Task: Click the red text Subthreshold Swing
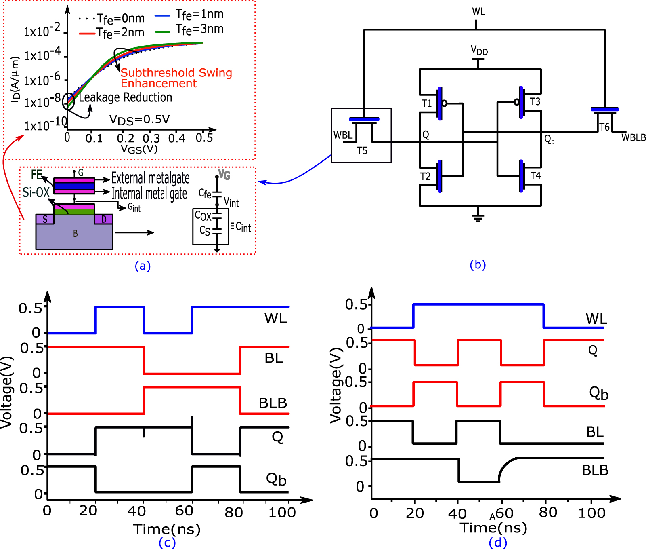pyautogui.click(x=176, y=73)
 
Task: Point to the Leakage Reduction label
pyautogui.click(x=125, y=97)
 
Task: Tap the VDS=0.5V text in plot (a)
pyautogui.click(x=139, y=120)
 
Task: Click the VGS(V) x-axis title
pyautogui.click(x=139, y=149)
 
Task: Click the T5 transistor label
pyautogui.click(x=362, y=151)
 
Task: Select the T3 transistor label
pyautogui.click(x=535, y=101)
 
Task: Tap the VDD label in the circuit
pyautogui.click(x=479, y=51)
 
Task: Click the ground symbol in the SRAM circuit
pyautogui.click(x=478, y=217)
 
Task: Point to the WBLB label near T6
pyautogui.click(x=633, y=138)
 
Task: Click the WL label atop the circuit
pyautogui.click(x=478, y=11)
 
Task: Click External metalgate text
pyautogui.click(x=150, y=178)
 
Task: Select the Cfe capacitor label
pyautogui.click(x=205, y=194)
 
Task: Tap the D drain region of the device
pyautogui.click(x=104, y=219)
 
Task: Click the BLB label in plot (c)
pyautogui.click(x=273, y=403)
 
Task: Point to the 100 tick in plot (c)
pyautogui.click(x=282, y=512)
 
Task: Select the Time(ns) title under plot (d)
pyautogui.click(x=493, y=528)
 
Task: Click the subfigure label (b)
pyautogui.click(x=478, y=265)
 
